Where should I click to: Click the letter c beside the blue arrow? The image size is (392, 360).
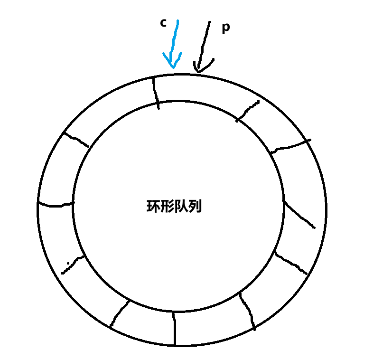(163, 23)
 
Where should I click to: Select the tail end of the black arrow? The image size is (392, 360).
(209, 23)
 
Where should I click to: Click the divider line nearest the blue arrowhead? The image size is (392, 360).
(156, 93)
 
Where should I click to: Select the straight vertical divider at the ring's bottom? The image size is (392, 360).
(175, 329)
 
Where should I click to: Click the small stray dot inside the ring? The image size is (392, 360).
(68, 263)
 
